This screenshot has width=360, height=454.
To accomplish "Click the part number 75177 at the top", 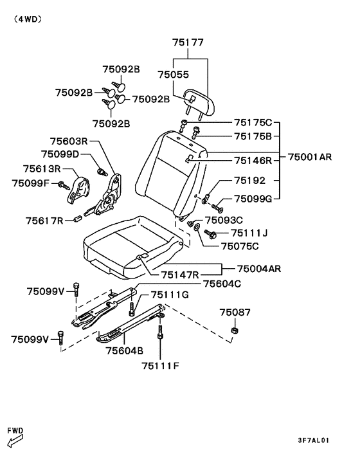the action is click(x=188, y=42).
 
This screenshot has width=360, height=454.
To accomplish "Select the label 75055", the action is click(x=174, y=75).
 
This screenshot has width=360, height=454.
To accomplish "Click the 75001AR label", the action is click(x=310, y=157).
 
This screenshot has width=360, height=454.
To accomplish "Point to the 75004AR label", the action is click(x=259, y=269).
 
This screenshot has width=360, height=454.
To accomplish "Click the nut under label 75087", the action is click(x=235, y=330).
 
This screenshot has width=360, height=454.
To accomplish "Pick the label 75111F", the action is click(x=160, y=366).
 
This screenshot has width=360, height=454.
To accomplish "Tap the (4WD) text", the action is click(x=28, y=19).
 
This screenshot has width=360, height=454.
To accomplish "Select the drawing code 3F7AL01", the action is click(x=314, y=440).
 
